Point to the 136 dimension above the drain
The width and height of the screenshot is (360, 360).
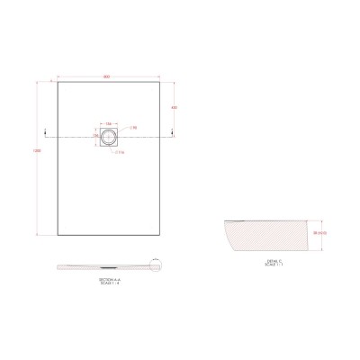(x=108, y=123)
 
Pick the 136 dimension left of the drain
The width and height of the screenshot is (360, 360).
(x=95, y=136)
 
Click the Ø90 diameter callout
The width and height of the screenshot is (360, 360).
(x=132, y=129)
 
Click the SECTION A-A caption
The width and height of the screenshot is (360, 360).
(x=107, y=280)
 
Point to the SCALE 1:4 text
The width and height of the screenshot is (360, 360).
(x=107, y=284)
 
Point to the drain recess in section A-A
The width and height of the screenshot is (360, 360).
(x=109, y=266)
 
